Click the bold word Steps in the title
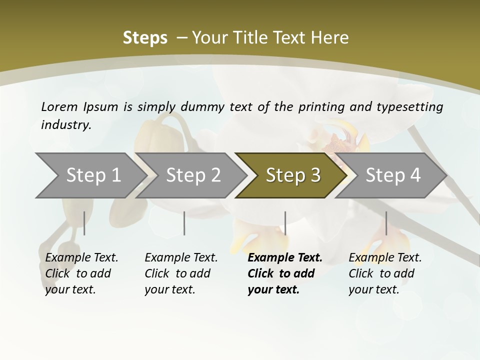pyautogui.click(x=145, y=38)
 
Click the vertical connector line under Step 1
pyautogui.click(x=84, y=223)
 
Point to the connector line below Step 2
pyautogui.click(x=184, y=223)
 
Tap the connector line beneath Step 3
pyautogui.click(x=285, y=223)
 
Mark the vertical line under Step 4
pyautogui.click(x=386, y=223)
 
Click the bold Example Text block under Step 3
pyautogui.click(x=284, y=273)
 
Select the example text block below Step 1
pyautogui.click(x=81, y=273)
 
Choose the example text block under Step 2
pyautogui.click(x=180, y=273)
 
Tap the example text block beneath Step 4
pyautogui.click(x=384, y=273)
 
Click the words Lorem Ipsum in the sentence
pyautogui.click(x=79, y=107)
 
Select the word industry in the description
pyautogui.click(x=65, y=125)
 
